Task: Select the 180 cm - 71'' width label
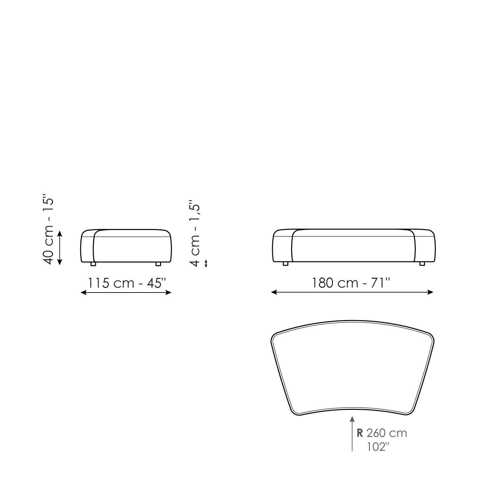(351, 283)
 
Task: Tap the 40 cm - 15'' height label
(48, 231)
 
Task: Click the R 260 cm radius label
(382, 433)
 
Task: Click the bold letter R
(360, 433)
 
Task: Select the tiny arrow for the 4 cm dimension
(206, 263)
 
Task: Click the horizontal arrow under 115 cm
(126, 292)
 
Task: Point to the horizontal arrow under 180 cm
(352, 292)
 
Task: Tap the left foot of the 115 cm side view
(93, 264)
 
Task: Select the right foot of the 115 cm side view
(158, 264)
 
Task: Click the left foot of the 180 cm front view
(285, 264)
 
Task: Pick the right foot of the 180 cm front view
(422, 264)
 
